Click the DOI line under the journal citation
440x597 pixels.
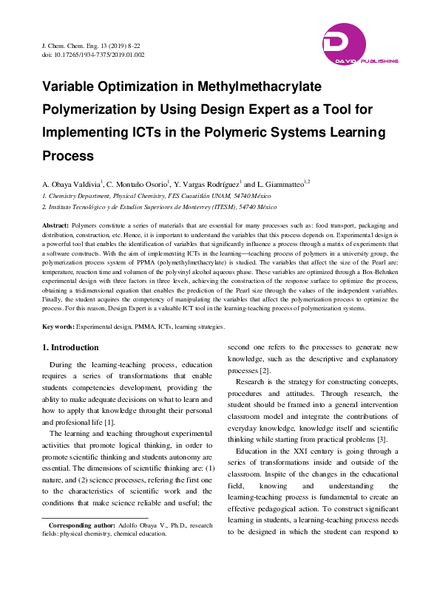pos(93,55)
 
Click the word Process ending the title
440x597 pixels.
pos(68,156)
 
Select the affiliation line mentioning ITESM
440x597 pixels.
pos(154,207)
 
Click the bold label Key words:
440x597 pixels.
pos(58,326)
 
